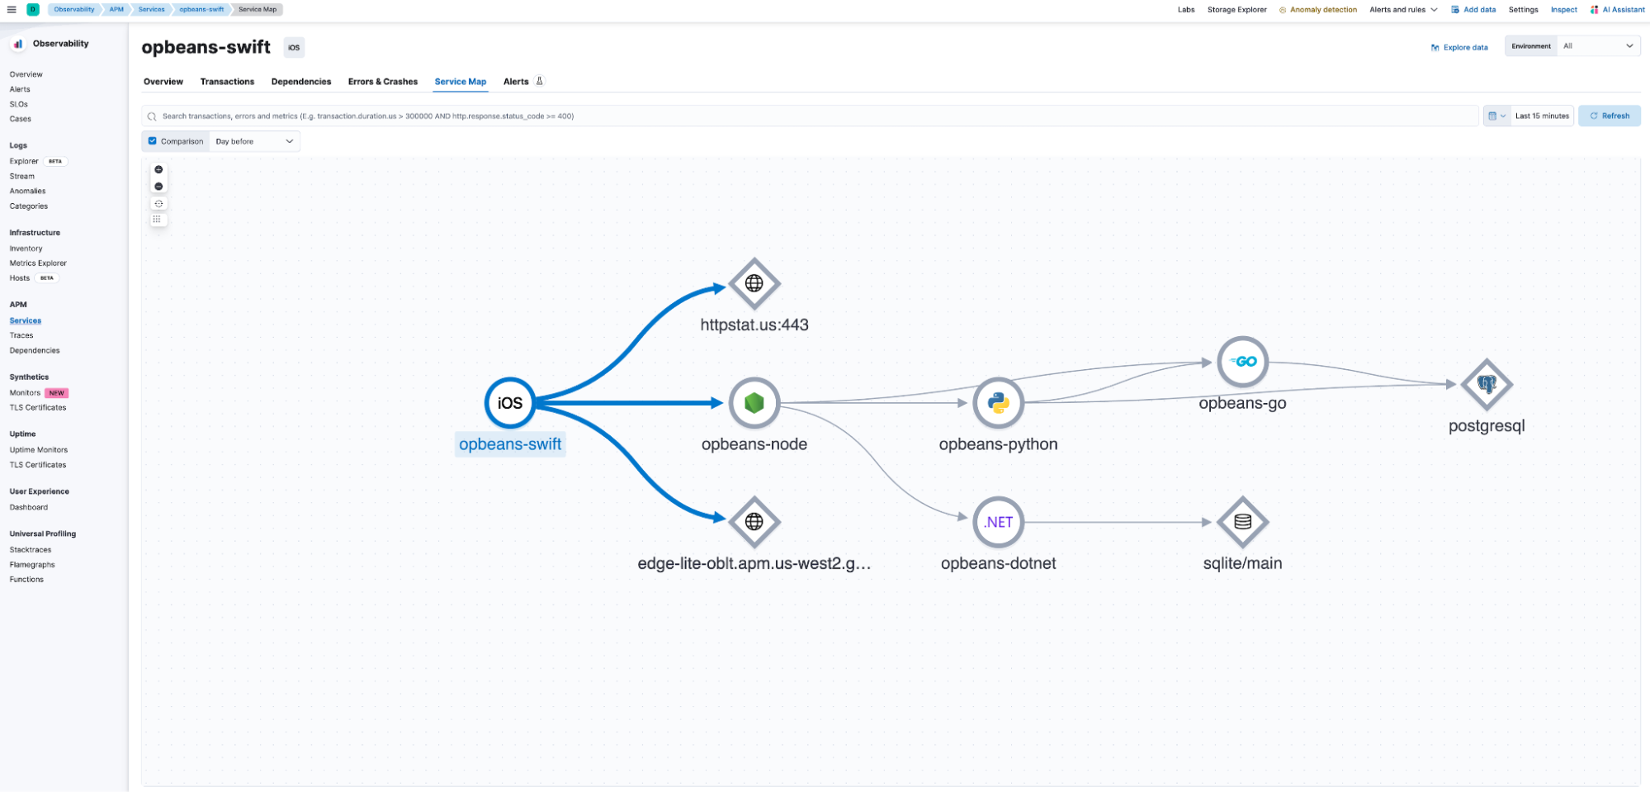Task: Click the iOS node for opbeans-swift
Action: tap(509, 403)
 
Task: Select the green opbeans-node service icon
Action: tap(754, 403)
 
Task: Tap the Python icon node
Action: tap(998, 403)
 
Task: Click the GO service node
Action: tap(1242, 362)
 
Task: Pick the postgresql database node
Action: tap(1486, 384)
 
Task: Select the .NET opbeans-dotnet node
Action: tap(998, 522)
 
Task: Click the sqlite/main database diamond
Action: tap(1242, 522)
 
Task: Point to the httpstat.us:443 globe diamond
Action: tap(754, 283)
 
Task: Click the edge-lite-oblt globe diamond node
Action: tap(754, 522)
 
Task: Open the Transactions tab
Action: tap(227, 82)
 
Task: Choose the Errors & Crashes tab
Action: tap(382, 82)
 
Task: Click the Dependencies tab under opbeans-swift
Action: tap(301, 82)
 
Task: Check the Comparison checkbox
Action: tap(153, 141)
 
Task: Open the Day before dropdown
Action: tap(254, 141)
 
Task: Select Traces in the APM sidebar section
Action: tap(21, 335)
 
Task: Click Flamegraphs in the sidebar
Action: tap(32, 565)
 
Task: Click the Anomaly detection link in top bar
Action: tap(1322, 10)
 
